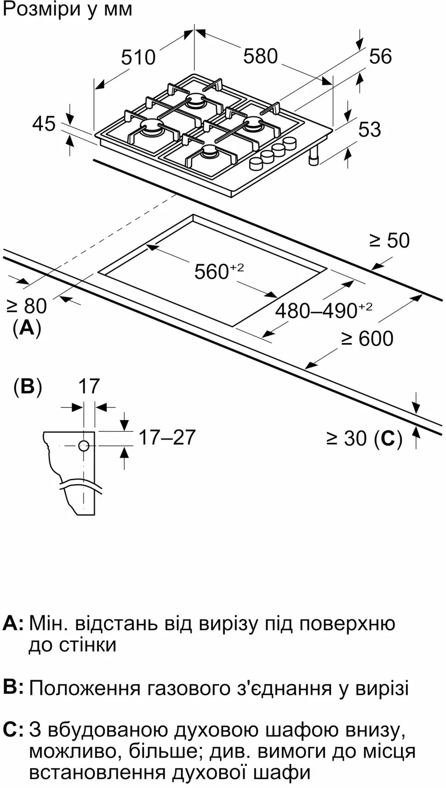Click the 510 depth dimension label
coord(138,58)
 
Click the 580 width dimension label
coord(260,56)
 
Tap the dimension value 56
coord(380,56)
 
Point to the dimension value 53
coord(370,130)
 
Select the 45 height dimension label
coord(44,124)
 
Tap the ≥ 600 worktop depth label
coord(367,338)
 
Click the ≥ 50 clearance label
coord(389,240)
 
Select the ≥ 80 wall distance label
coord(27,306)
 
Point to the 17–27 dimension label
coord(167,437)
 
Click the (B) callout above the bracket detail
coord(28,387)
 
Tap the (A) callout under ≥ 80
coord(27,328)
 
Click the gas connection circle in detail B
coord(84,446)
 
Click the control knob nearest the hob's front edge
coord(256,164)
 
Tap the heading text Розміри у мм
coord(67,9)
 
